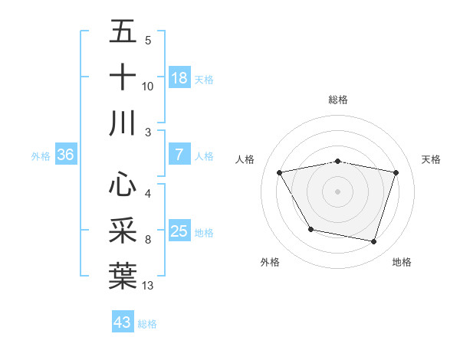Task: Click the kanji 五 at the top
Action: pyautogui.click(x=123, y=33)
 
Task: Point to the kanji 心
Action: pyautogui.click(x=123, y=185)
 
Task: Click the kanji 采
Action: pyautogui.click(x=123, y=230)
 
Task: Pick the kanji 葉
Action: pyautogui.click(x=123, y=275)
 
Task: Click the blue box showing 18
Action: pyautogui.click(x=179, y=78)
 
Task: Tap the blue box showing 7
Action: pyautogui.click(x=179, y=155)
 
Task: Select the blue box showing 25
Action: pyautogui.click(x=179, y=231)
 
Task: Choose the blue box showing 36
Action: pyautogui.click(x=65, y=155)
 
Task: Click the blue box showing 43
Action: pyautogui.click(x=123, y=322)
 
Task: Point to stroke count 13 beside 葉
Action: pyautogui.click(x=148, y=286)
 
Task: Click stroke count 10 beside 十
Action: pyautogui.click(x=148, y=87)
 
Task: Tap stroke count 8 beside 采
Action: pyautogui.click(x=148, y=240)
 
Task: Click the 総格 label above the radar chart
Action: pyautogui.click(x=338, y=100)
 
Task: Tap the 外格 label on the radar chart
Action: pyautogui.click(x=270, y=262)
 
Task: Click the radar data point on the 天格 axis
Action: pyautogui.click(x=396, y=172)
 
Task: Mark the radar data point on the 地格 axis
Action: pyautogui.click(x=373, y=241)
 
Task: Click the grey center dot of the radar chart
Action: pyautogui.click(x=337, y=191)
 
